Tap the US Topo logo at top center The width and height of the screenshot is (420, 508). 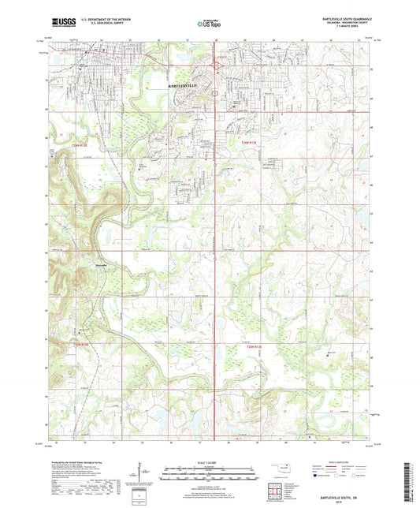click(x=209, y=23)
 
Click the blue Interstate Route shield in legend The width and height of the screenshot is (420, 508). click(x=315, y=476)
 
